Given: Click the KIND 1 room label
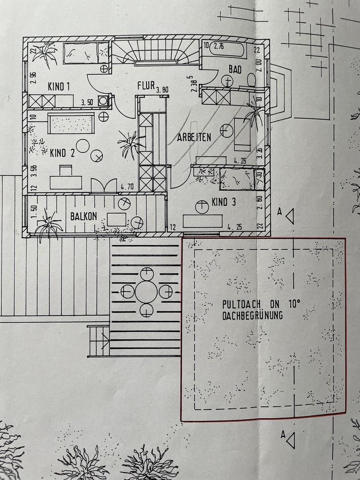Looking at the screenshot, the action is [59, 87].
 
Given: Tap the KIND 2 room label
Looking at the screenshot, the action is [62, 153].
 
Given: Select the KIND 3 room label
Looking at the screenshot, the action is [224, 202].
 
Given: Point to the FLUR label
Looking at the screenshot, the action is [146, 85].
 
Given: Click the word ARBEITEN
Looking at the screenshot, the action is [194, 137].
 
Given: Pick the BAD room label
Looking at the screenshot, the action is [235, 69].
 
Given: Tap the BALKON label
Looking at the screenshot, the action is [84, 216].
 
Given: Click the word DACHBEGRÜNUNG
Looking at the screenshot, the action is [252, 316].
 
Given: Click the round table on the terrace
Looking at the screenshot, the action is [146, 292].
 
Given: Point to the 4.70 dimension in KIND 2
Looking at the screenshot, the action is [127, 186].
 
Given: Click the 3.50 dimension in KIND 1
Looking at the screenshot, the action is [87, 103].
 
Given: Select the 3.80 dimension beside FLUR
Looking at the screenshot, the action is [163, 90].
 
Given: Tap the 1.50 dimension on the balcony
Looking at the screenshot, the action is [34, 212].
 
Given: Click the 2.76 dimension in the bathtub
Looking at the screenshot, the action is [219, 46].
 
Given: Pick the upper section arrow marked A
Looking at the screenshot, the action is [290, 216].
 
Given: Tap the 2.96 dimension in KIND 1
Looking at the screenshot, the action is [33, 78].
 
